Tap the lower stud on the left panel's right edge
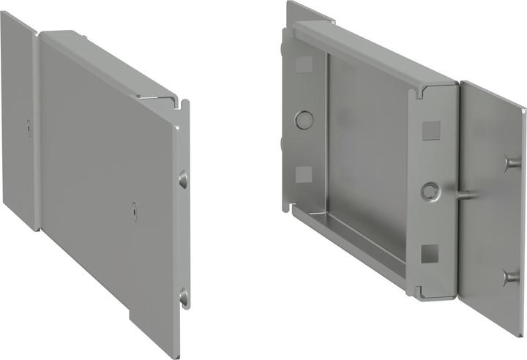tap(183, 297)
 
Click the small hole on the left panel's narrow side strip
tap(26, 125)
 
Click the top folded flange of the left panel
tap(110, 62)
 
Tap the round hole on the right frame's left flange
tap(303, 119)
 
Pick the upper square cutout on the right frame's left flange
tap(303, 64)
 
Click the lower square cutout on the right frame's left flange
tap(303, 174)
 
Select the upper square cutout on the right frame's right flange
tap(430, 130)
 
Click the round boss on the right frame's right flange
tap(429, 191)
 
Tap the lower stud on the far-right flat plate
tap(508, 277)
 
